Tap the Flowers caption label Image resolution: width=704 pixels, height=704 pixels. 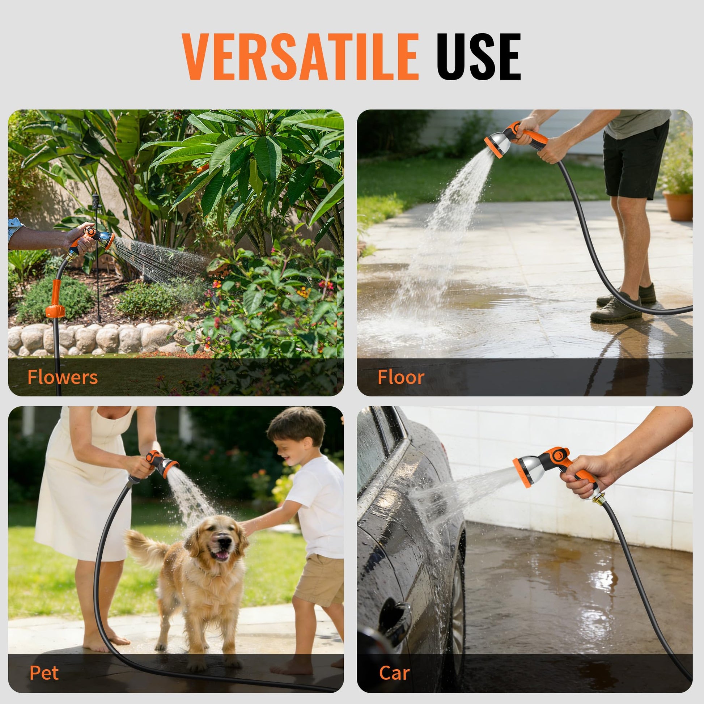click(63, 377)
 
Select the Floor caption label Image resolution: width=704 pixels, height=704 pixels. click(401, 377)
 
